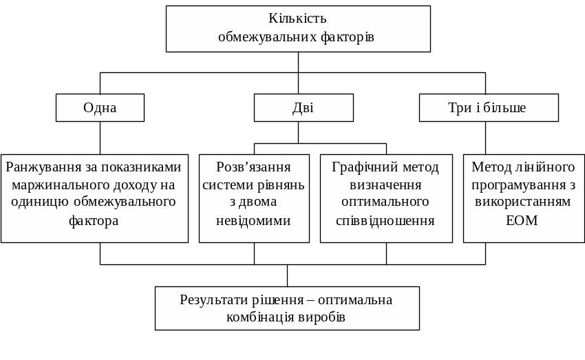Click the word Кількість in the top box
297,19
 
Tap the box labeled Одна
100,107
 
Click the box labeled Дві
303,107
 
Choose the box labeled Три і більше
488,107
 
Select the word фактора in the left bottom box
94,221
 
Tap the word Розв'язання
253,167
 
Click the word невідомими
253,220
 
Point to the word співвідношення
385,220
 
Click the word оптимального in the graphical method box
385,202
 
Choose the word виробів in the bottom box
323,318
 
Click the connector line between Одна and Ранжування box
100,138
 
